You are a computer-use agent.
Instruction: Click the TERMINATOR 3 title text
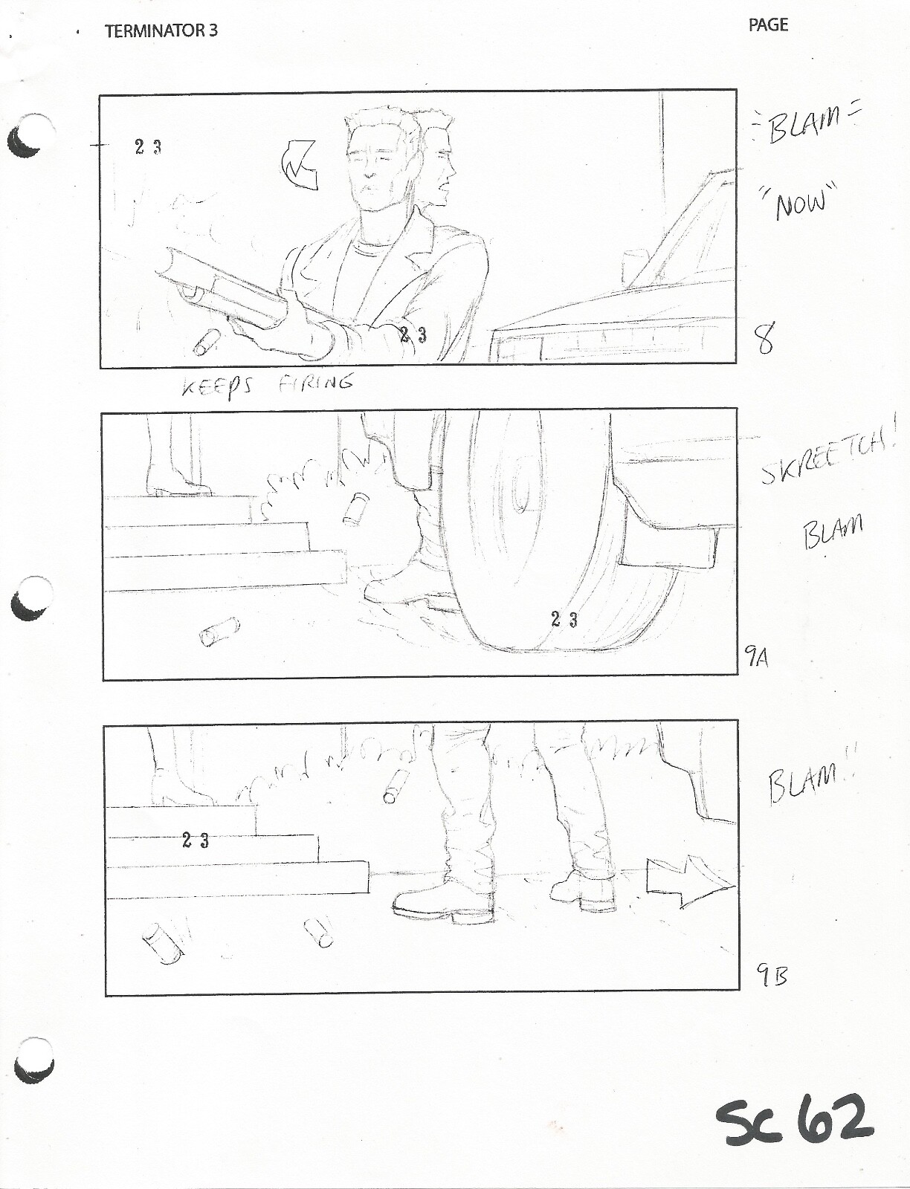tap(161, 31)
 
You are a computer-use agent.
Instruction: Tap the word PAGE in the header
tap(768, 25)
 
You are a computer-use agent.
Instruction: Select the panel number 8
tap(764, 340)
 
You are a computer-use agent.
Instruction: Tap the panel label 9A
tap(758, 655)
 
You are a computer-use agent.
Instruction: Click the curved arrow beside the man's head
tap(299, 166)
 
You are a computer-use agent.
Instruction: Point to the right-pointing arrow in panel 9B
tap(688, 882)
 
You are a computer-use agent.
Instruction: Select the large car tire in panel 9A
tap(543, 535)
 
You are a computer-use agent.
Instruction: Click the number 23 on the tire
tap(564, 619)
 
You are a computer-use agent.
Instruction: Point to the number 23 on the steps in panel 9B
tap(195, 840)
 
